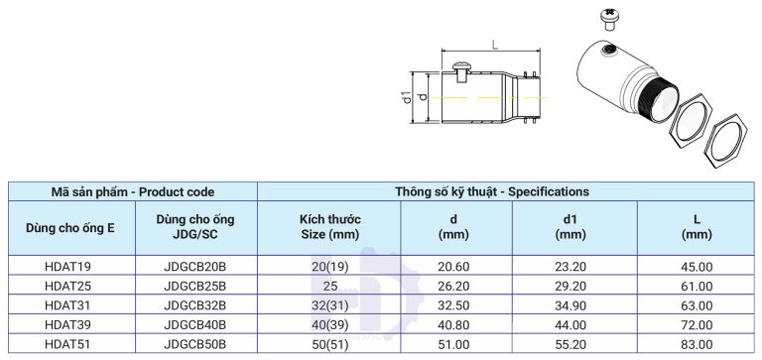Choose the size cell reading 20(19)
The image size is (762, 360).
(329, 266)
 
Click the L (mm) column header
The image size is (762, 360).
(698, 227)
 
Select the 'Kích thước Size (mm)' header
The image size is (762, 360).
(329, 227)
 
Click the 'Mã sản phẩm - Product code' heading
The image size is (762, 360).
(133, 191)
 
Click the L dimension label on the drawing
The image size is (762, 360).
(493, 44)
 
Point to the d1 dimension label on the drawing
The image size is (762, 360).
(407, 97)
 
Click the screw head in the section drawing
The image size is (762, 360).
(460, 66)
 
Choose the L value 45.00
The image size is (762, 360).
(698, 266)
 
